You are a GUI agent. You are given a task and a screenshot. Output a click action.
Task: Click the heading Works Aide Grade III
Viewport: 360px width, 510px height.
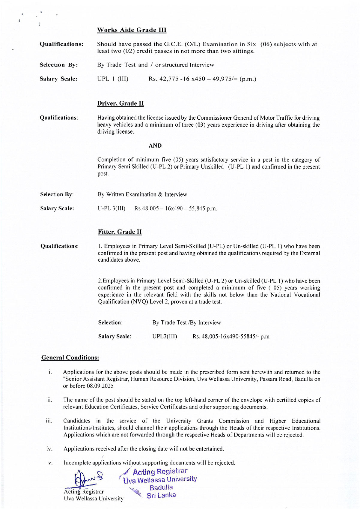point(132,30)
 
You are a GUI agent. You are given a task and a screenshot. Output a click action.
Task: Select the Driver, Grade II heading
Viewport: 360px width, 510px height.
point(120,103)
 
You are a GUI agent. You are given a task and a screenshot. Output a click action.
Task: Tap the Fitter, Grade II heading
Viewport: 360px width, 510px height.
point(120,232)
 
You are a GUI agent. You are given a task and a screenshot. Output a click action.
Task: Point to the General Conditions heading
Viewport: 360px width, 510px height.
point(70,358)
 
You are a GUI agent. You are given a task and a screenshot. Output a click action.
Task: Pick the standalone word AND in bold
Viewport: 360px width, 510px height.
point(155,146)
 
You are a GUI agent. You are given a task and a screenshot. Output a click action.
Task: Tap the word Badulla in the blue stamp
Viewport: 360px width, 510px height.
point(161,487)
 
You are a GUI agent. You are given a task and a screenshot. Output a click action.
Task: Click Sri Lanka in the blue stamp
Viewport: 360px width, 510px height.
point(161,495)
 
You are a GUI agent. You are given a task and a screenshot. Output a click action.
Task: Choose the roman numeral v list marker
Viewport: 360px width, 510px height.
point(50,463)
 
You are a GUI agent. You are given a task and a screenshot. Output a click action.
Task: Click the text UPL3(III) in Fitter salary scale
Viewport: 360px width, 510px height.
point(165,337)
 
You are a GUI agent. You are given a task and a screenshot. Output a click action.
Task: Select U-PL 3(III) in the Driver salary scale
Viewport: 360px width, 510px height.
point(112,208)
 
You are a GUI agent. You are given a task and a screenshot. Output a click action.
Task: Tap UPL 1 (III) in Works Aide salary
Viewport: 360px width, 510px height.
point(113,79)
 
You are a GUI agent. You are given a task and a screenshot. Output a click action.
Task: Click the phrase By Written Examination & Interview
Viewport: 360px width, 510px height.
point(142,195)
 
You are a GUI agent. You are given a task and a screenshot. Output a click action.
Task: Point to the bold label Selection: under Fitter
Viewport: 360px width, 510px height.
point(110,323)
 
